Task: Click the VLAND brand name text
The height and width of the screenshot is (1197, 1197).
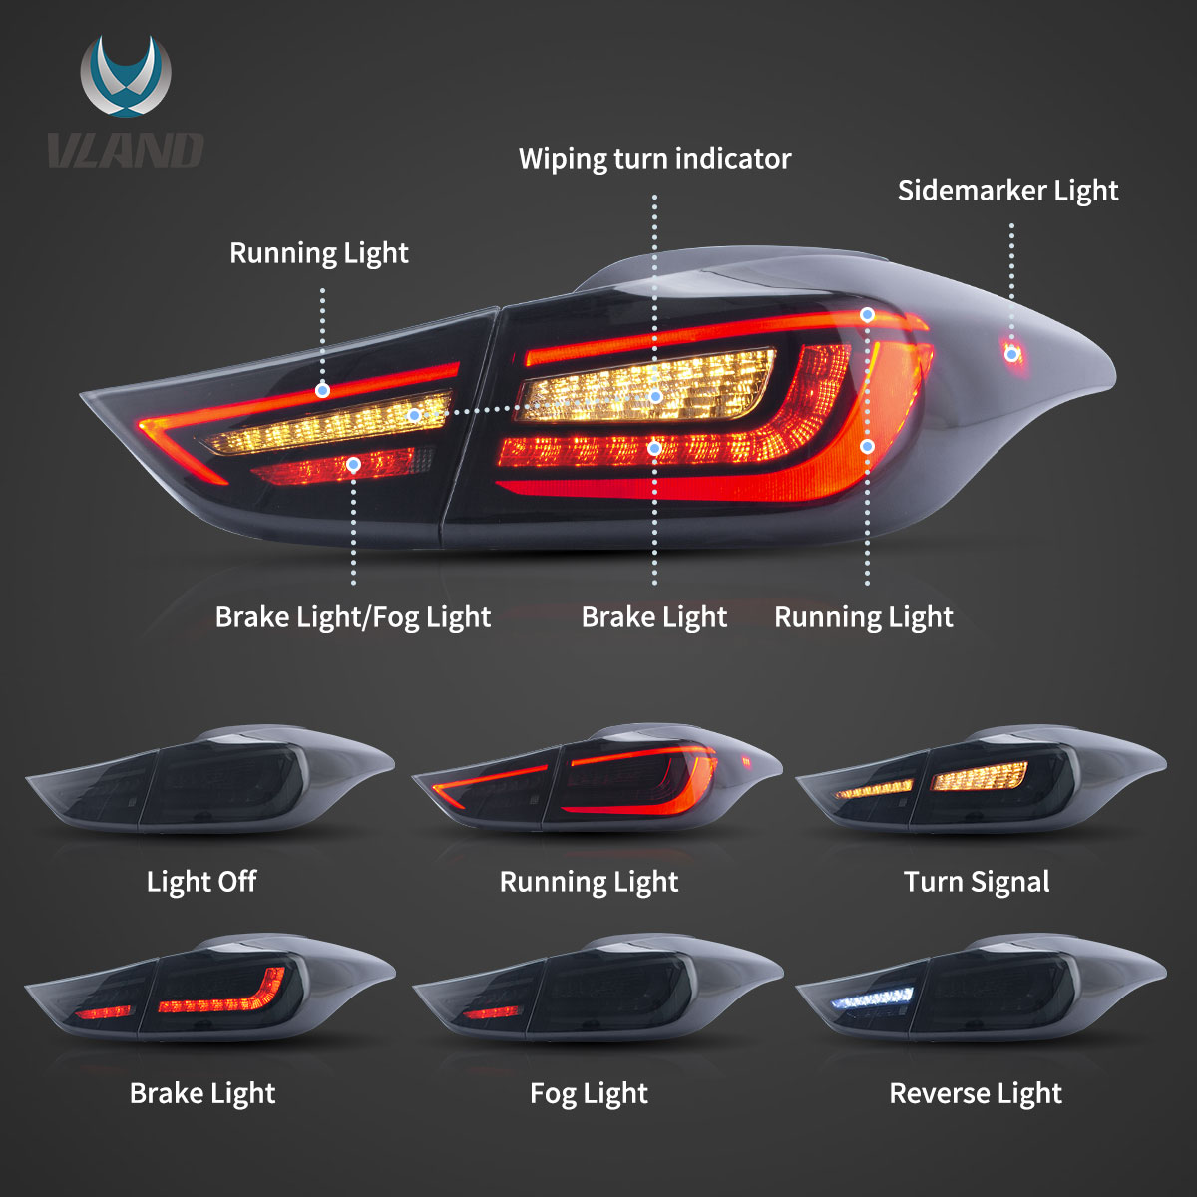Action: [x=126, y=150]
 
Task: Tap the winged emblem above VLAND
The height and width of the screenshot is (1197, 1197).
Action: [x=126, y=76]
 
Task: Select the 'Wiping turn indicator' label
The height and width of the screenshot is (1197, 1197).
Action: [x=654, y=159]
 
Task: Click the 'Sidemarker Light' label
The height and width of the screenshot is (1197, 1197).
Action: [x=1007, y=191]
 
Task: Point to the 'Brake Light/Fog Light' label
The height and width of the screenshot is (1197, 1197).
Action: [x=353, y=617]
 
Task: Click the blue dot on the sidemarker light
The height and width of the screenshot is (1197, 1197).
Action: [x=1011, y=355]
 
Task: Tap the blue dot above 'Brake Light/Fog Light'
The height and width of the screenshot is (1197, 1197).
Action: [x=353, y=464]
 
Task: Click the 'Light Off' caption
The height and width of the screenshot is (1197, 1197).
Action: [x=201, y=881]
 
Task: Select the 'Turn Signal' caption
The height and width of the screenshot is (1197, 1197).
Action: [x=977, y=882]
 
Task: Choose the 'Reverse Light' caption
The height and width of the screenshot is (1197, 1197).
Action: [x=976, y=1094]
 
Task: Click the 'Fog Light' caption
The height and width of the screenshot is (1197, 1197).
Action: [x=589, y=1094]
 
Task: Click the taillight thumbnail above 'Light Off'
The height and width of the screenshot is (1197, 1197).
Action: [x=209, y=779]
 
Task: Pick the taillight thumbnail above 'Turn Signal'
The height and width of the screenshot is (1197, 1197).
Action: [x=982, y=779]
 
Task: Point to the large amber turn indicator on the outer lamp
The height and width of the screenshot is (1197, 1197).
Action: [x=646, y=386]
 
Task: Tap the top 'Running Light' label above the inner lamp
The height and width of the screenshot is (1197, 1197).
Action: [x=318, y=253]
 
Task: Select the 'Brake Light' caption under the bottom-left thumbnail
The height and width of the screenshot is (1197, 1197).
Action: [x=202, y=1094]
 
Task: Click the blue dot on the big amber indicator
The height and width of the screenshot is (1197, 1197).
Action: [x=656, y=396]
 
